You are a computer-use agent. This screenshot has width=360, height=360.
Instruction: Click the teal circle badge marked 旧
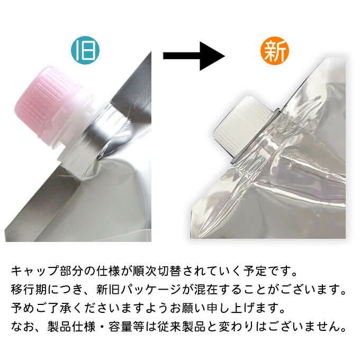(85, 50)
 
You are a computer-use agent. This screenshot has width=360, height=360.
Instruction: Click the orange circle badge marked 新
(275, 51)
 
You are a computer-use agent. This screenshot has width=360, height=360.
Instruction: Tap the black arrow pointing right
(194, 56)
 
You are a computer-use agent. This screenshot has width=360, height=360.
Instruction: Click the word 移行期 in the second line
(29, 290)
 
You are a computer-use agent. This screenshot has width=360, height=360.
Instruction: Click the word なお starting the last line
(23, 327)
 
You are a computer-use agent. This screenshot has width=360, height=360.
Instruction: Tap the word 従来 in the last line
(169, 327)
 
